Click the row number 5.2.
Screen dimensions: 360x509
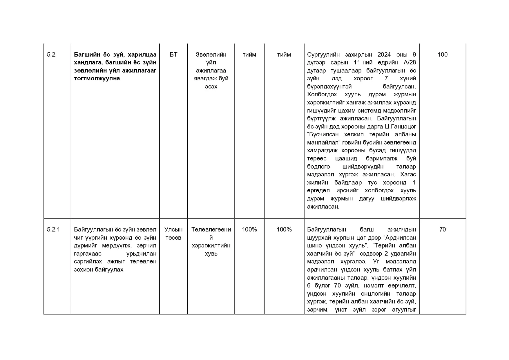tap(52, 55)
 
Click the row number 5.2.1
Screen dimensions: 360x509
tap(53, 229)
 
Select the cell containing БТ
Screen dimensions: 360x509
tap(173, 55)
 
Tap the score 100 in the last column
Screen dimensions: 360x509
tap(442, 55)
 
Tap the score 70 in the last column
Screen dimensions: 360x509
tap(442, 229)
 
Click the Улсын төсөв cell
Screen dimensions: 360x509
tap(173, 234)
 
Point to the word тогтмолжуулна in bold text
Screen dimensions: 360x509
tap(97, 79)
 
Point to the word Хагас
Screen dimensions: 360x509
tap(408, 174)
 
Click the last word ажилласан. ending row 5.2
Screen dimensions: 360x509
tap(323, 207)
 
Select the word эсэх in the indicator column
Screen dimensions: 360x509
tap(211, 87)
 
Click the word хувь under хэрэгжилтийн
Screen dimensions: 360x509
tap(211, 254)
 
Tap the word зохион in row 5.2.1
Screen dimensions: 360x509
tap(82, 269)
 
